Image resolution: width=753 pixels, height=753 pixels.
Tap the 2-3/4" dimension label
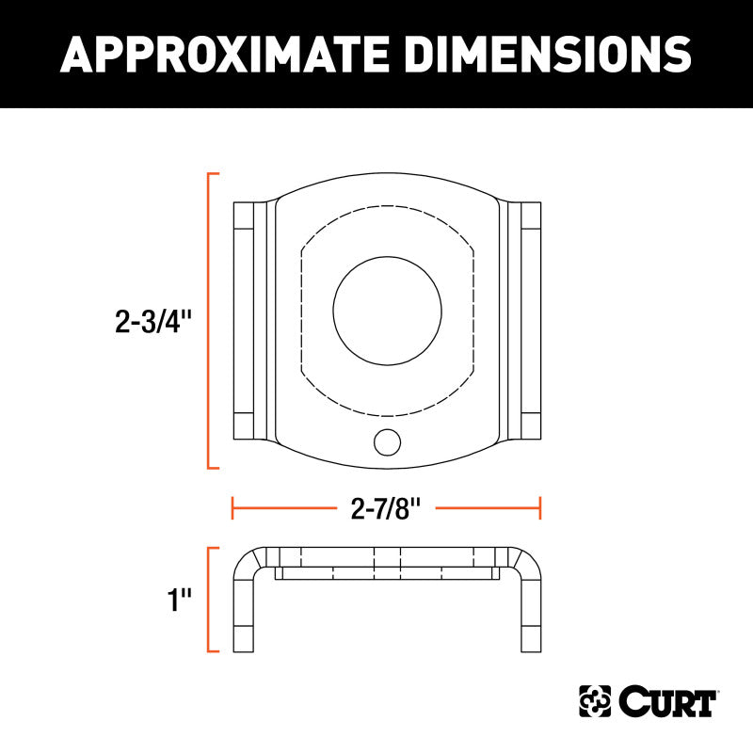pyautogui.click(x=153, y=323)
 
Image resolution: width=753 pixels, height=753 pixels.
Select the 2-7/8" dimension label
pyautogui.click(x=386, y=509)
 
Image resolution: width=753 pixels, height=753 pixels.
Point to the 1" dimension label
pyautogui.click(x=179, y=600)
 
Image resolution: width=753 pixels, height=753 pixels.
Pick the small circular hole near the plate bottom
pyautogui.click(x=386, y=441)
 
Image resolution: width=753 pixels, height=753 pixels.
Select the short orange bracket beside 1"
pyautogui.click(x=209, y=600)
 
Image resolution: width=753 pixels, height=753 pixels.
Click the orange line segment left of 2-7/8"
pyautogui.click(x=282, y=509)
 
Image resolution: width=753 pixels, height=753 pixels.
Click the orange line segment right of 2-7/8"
pyautogui.click(x=489, y=509)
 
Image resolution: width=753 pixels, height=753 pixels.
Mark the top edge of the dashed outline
pyautogui.click(x=387, y=206)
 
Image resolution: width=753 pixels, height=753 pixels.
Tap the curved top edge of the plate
pyautogui.click(x=387, y=175)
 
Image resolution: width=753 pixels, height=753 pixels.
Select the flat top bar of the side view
pyautogui.click(x=387, y=555)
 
